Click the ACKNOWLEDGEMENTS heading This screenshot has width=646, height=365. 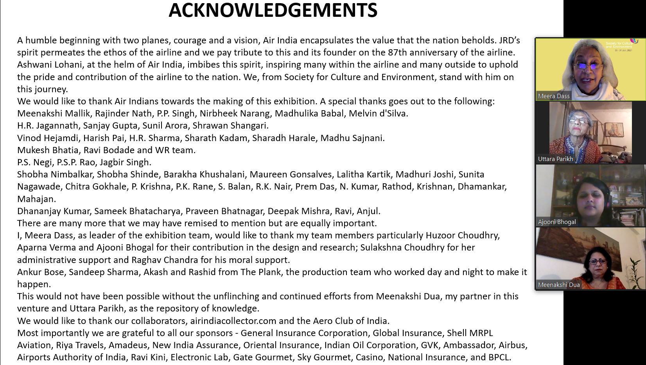click(273, 10)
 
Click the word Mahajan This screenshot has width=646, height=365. click(36, 199)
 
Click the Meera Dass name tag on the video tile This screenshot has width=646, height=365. click(554, 96)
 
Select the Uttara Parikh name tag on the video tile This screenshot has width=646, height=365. click(555, 159)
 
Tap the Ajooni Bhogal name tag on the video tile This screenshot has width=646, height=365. click(557, 222)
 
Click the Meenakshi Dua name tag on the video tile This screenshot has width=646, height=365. click(559, 285)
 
